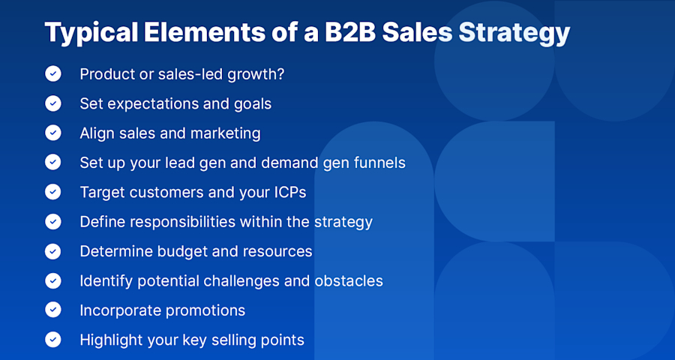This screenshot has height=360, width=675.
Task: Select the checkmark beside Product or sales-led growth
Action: [53, 73]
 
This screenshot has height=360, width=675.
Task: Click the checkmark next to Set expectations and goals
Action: [53, 103]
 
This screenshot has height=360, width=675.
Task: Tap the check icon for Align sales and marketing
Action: [53, 133]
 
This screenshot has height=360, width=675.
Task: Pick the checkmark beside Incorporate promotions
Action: [53, 310]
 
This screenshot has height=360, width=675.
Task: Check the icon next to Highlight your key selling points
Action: [53, 339]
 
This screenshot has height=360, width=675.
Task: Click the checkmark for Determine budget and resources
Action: [53, 250]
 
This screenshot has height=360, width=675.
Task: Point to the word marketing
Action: [225, 133]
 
